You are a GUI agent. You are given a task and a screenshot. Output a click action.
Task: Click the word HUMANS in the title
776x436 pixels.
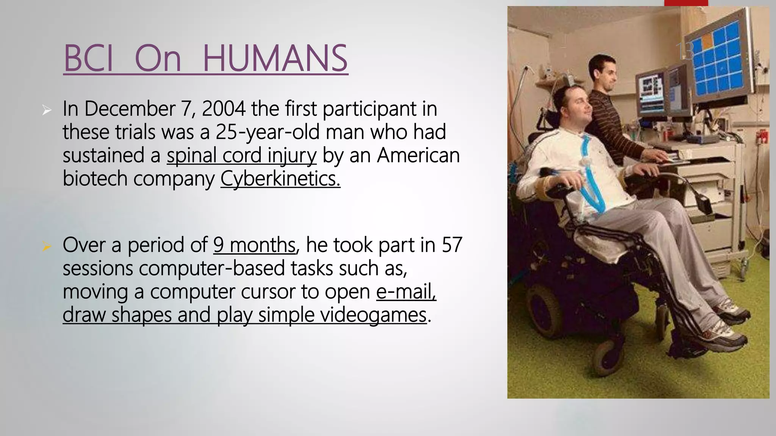click(275, 58)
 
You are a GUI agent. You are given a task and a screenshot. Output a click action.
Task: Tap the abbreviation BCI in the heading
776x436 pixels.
click(89, 58)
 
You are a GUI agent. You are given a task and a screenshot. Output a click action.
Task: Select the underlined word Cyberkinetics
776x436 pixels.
click(280, 179)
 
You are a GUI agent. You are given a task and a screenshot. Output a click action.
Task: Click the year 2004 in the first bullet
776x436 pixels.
click(224, 109)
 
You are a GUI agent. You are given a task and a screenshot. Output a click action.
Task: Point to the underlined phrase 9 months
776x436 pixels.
click(254, 245)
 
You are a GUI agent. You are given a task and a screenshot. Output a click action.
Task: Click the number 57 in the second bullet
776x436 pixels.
click(452, 245)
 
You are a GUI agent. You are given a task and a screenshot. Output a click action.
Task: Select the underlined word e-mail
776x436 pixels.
click(406, 292)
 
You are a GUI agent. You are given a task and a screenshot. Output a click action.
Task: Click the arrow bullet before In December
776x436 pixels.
click(47, 111)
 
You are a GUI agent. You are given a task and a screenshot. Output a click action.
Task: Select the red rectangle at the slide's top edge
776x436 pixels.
click(686, 3)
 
